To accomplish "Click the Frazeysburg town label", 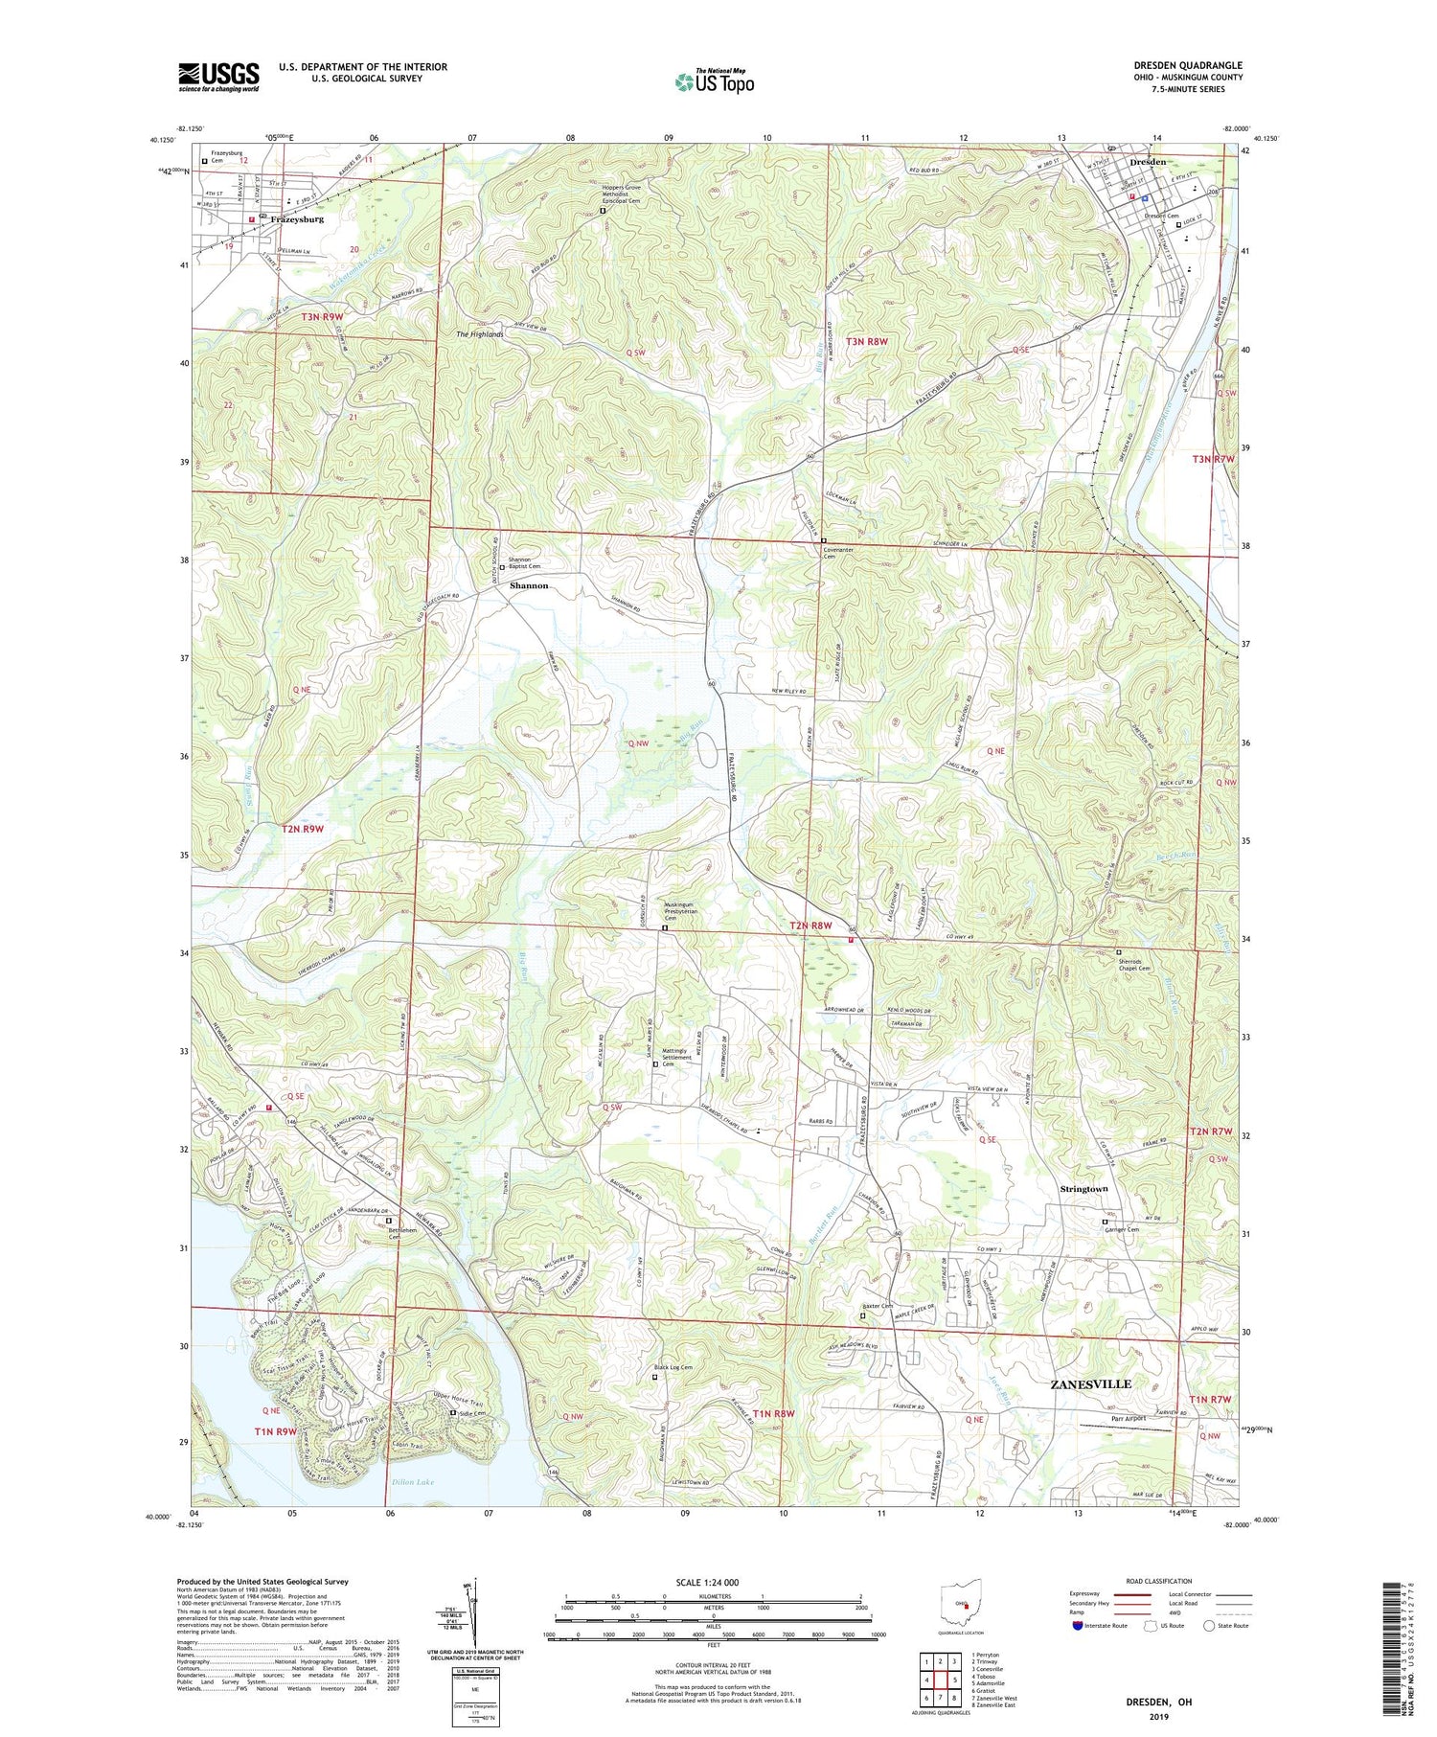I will tap(297, 219).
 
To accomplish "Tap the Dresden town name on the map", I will tap(1148, 162).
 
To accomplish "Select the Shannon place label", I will tap(529, 585).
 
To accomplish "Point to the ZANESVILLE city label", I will tap(1090, 1384).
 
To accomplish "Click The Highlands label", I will tap(480, 334).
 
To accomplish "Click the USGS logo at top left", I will tap(218, 77).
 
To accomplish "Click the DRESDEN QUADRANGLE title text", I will tap(1188, 65).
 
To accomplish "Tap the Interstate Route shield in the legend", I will tap(1078, 1626).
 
